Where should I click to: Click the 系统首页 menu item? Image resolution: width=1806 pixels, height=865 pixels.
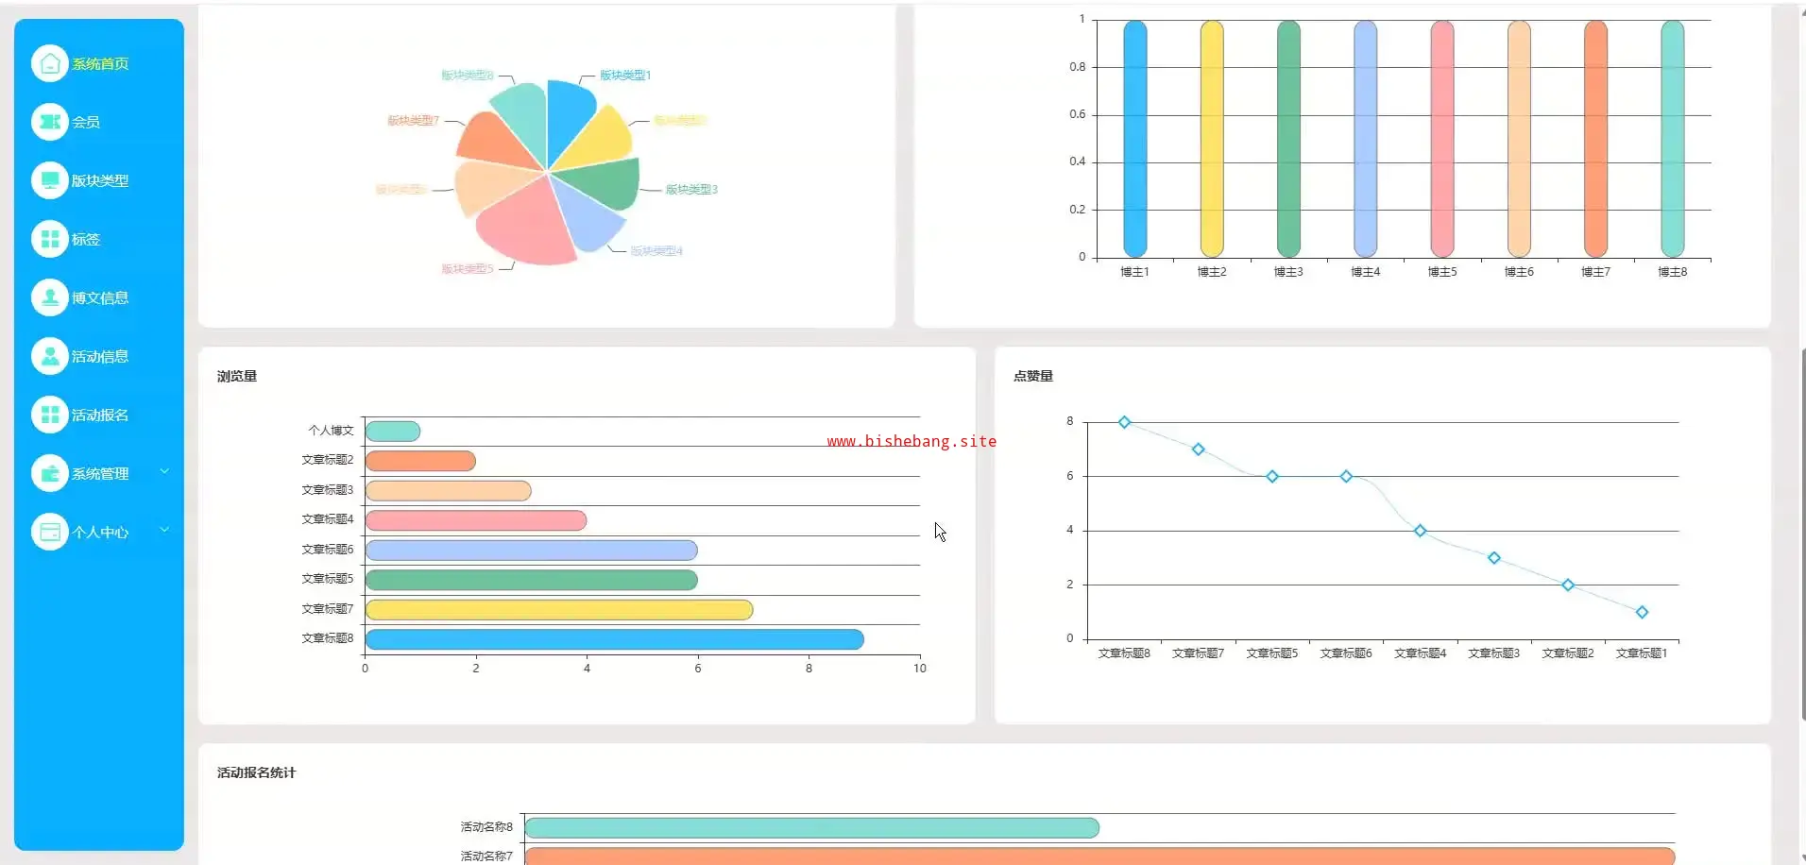pyautogui.click(x=99, y=64)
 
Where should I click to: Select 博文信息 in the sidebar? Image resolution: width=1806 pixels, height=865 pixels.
pyautogui.click(x=99, y=298)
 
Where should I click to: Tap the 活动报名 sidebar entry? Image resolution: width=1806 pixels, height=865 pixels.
pyautogui.click(x=99, y=416)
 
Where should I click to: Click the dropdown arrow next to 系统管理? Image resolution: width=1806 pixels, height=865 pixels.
pyautogui.click(x=164, y=471)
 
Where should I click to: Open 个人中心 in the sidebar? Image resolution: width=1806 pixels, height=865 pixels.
pyautogui.click(x=99, y=533)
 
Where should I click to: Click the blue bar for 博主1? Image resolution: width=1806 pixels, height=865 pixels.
pyautogui.click(x=1134, y=139)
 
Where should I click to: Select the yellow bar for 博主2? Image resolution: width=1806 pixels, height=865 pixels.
pyautogui.click(x=1212, y=139)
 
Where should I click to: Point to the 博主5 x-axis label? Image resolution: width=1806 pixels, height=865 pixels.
pyautogui.click(x=1442, y=272)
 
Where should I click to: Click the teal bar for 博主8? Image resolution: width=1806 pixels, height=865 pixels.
pyautogui.click(x=1672, y=139)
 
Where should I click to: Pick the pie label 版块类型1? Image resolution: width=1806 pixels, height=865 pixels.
pyautogui.click(x=625, y=76)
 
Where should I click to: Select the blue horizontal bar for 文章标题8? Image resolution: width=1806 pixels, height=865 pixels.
pyautogui.click(x=614, y=639)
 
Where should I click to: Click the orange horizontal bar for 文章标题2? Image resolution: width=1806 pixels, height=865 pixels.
pyautogui.click(x=419, y=461)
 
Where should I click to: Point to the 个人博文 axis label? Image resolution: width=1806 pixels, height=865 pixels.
pyautogui.click(x=331, y=431)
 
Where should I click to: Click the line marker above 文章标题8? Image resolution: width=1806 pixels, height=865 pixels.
pyautogui.click(x=1124, y=422)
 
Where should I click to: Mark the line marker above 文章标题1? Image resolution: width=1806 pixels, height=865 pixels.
pyautogui.click(x=1642, y=612)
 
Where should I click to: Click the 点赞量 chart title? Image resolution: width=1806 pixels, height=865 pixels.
pyautogui.click(x=1033, y=376)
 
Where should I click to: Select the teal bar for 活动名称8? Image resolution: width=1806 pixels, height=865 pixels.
pyautogui.click(x=811, y=828)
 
